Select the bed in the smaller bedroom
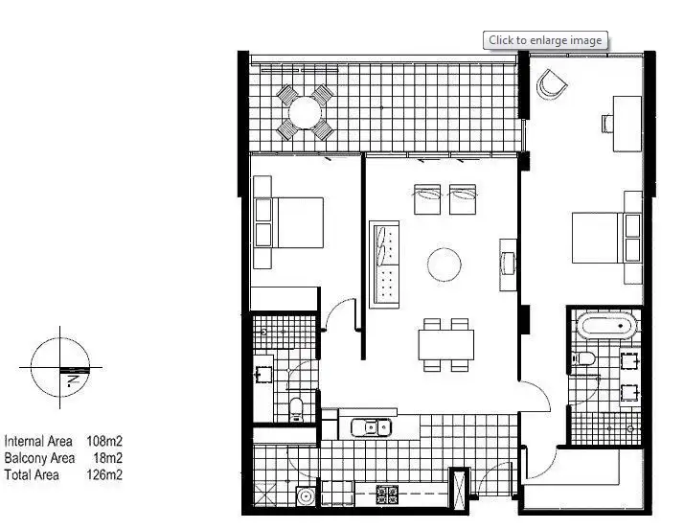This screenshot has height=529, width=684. coord(287,221)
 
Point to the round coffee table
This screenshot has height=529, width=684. coord(445,264)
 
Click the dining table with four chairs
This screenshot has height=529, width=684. coord(445,343)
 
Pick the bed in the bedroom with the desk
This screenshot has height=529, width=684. coord(605,237)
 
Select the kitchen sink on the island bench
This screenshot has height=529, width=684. coord(369,426)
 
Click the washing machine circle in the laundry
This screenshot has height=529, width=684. coord(306,496)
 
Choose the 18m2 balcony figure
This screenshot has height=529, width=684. coord(106,458)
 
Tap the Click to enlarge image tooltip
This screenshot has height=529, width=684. coord(545,40)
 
